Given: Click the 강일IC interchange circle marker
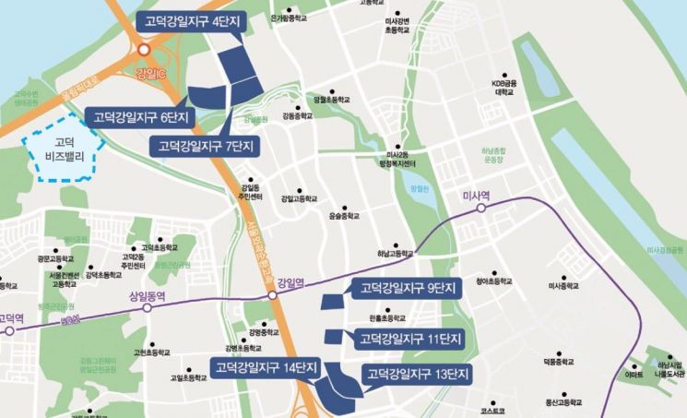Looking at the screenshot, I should pyautogui.click(x=144, y=52).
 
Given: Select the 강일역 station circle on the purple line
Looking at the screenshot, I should pyautogui.click(x=272, y=296).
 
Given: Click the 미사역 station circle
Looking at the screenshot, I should pyautogui.click(x=481, y=209).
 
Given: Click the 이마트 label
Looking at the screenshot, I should pyautogui.click(x=634, y=375).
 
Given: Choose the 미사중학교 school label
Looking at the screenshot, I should pyautogui.click(x=563, y=286).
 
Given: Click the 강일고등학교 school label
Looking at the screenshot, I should pyautogui.click(x=299, y=198).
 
